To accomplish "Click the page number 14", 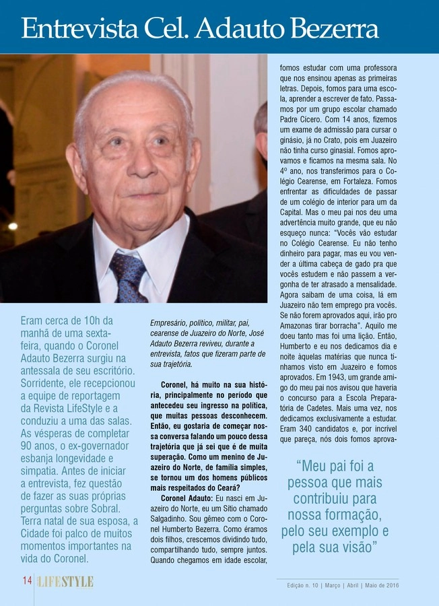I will [27, 581].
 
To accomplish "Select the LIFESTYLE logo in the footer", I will [65, 582].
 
